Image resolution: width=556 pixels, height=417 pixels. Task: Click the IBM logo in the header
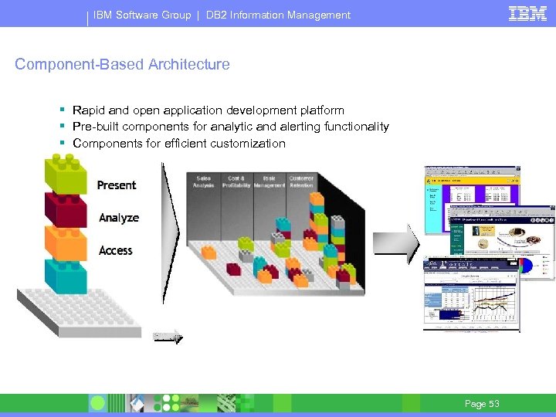pyautogui.click(x=528, y=13)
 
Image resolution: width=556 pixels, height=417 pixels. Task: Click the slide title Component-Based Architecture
pyautogui.click(x=122, y=65)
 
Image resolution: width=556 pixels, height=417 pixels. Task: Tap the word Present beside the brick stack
pyautogui.click(x=117, y=185)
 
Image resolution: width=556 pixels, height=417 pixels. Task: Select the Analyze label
pyautogui.click(x=119, y=218)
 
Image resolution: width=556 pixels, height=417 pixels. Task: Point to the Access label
pyautogui.click(x=116, y=250)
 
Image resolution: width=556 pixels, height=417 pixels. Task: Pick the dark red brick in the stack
pyautogui.click(x=66, y=209)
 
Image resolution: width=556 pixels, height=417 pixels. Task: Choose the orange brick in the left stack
pyautogui.click(x=66, y=242)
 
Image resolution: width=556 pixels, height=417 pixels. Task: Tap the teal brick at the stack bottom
pyautogui.click(x=66, y=276)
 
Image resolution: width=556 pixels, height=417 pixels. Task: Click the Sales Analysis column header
pyautogui.click(x=204, y=181)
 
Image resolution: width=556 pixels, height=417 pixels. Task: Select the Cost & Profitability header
pyautogui.click(x=236, y=181)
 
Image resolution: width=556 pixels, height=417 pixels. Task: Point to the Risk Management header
pyautogui.click(x=269, y=181)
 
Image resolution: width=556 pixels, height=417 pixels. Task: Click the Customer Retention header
pyautogui.click(x=301, y=181)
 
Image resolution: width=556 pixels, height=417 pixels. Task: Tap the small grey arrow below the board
pyautogui.click(x=168, y=336)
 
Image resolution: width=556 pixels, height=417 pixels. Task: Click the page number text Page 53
pyautogui.click(x=482, y=404)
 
